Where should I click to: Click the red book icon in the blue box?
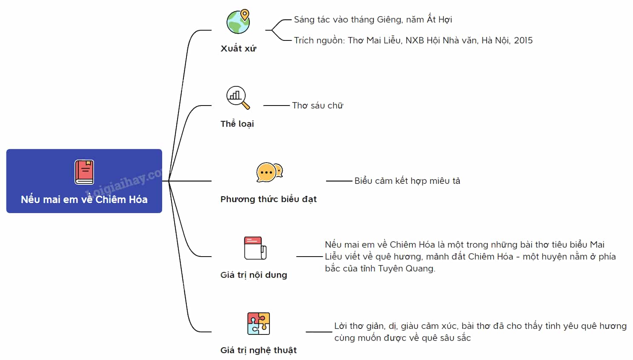tap(84, 172)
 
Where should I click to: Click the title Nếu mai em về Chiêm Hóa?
tap(84, 200)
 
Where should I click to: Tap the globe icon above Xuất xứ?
tap(238, 22)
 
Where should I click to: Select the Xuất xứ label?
tap(238, 49)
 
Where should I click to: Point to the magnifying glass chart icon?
tap(238, 97)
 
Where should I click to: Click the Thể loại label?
tap(237, 124)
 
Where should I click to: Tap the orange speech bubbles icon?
tap(269, 172)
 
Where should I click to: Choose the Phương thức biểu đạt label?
tap(269, 199)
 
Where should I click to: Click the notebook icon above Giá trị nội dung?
tap(255, 248)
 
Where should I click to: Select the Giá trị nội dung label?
tap(253, 274)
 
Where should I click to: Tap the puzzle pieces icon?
tap(258, 323)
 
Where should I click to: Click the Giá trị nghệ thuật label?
tap(258, 350)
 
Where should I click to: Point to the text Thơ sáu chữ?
tap(318, 106)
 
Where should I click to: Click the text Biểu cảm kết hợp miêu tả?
tap(407, 181)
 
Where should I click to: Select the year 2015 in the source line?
tap(523, 40)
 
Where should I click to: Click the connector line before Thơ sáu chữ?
tap(276, 106)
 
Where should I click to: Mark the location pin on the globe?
tap(245, 14)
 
